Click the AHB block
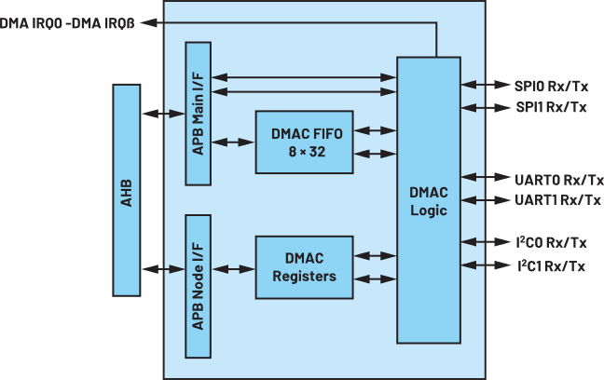(127, 190)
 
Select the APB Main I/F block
(198, 114)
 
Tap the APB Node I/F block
(198, 286)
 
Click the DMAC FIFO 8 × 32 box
(304, 142)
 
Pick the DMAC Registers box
(304, 267)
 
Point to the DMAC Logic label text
(429, 201)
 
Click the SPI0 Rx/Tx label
(551, 86)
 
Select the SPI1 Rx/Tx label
(551, 107)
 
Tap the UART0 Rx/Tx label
(559, 180)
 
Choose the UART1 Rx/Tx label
(557, 200)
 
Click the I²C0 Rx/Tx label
(551, 242)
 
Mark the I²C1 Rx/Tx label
(551, 265)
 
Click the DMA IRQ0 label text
(31, 23)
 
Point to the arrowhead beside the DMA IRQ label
(149, 22)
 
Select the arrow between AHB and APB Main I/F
(163, 114)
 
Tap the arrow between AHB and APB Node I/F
(163, 269)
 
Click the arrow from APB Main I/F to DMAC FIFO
(233, 142)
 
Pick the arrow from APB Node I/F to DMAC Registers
(233, 269)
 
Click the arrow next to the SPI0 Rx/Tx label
(486, 85)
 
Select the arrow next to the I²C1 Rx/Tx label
(486, 265)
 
